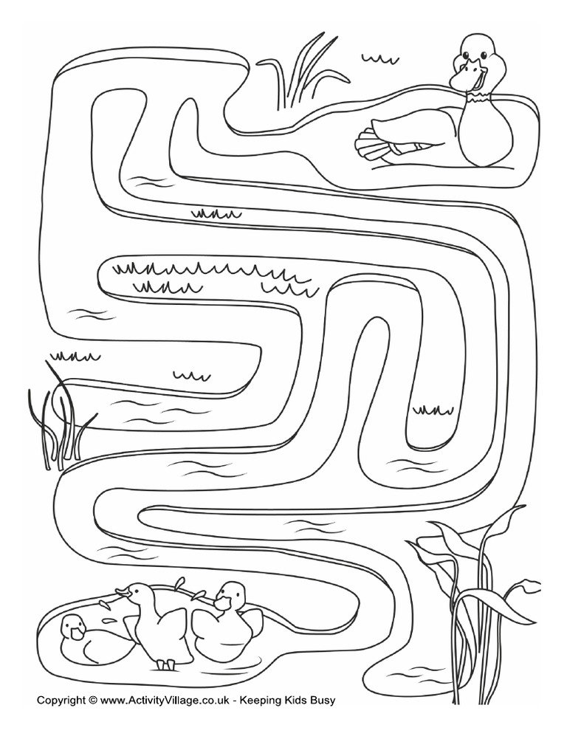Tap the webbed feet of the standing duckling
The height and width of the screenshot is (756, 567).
(x=166, y=664)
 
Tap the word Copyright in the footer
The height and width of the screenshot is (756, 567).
(x=61, y=701)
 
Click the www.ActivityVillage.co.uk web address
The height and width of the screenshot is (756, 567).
(x=162, y=701)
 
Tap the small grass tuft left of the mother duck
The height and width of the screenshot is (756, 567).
(x=379, y=59)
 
